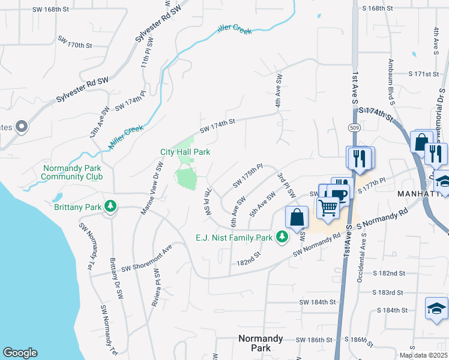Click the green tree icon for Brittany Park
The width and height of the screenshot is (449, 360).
pos(110,206)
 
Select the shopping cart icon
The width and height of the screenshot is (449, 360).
pos(328,208)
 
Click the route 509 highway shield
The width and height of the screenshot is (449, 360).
pos(355,127)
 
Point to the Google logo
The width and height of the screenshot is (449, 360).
pos(20,353)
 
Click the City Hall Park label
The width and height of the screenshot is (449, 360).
pos(185,152)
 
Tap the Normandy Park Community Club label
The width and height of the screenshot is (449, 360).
pos(72,172)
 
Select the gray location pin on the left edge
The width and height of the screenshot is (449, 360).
pos(22,127)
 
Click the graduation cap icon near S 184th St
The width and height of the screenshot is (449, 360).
pos(436,309)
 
